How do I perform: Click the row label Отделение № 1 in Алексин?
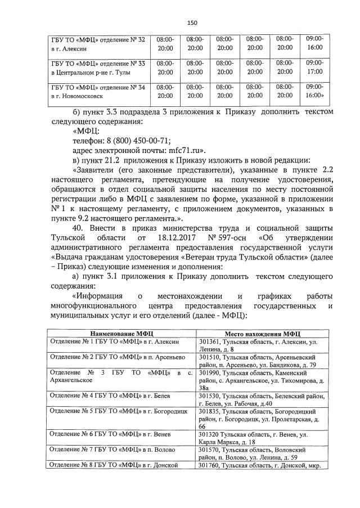click(114, 342)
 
